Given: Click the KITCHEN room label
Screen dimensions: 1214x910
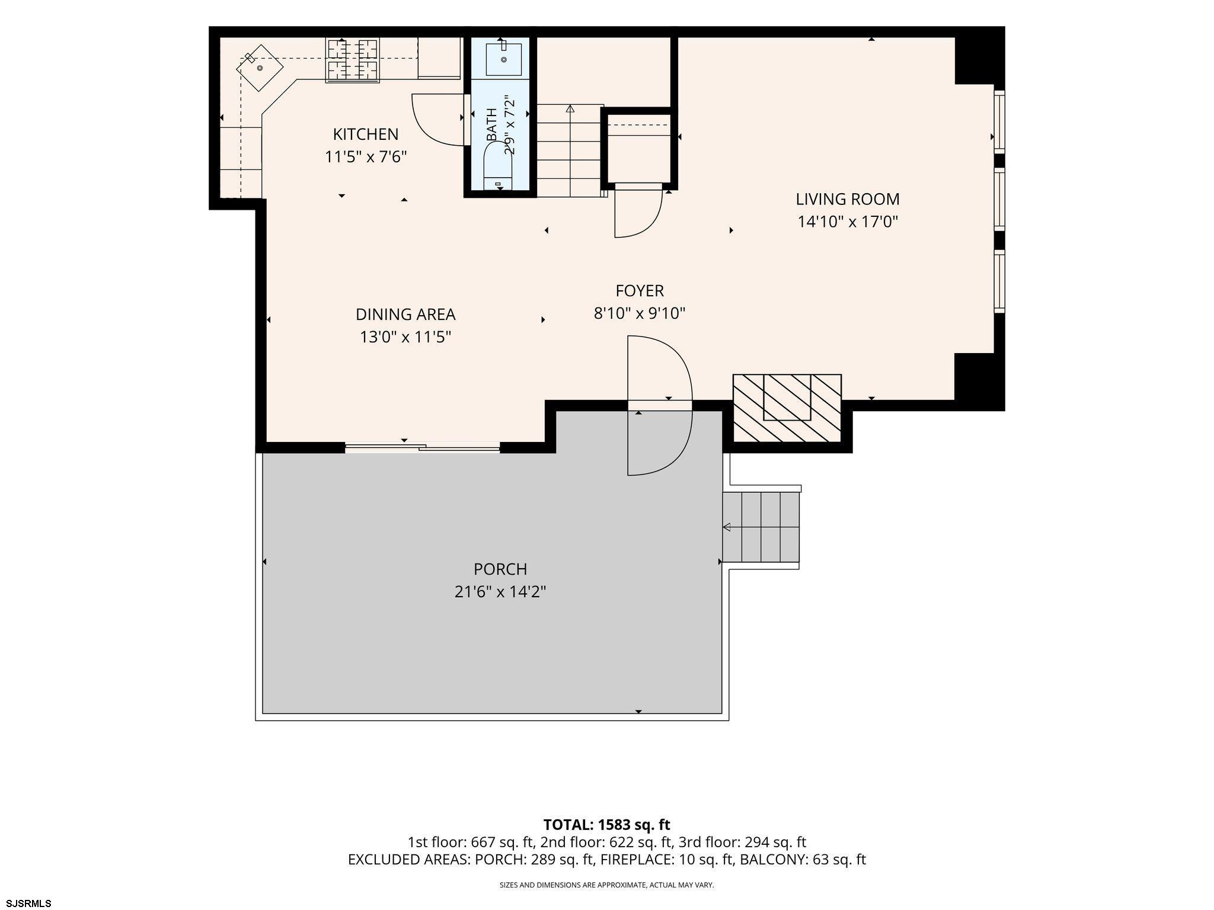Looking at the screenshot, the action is click(365, 134).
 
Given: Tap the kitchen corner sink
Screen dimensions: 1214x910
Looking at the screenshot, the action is click(260, 68).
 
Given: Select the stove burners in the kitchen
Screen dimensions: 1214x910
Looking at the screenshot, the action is click(353, 59).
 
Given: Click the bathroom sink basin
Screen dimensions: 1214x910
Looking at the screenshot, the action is click(503, 59).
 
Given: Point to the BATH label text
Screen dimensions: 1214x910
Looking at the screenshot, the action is click(492, 124).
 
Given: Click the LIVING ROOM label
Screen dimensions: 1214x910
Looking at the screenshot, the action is click(848, 199).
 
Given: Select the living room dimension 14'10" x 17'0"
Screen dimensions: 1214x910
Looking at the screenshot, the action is click(848, 222).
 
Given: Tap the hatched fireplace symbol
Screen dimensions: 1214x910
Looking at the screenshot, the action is click(787, 408).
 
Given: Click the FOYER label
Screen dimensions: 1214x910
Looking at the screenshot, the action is click(640, 291).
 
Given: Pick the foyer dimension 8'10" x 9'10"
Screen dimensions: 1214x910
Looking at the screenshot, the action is click(640, 313).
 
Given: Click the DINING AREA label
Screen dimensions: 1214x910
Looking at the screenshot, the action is click(405, 315).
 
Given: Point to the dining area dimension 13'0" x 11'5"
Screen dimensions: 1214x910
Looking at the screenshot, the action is click(405, 337).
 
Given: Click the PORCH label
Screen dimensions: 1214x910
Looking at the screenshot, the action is click(500, 569).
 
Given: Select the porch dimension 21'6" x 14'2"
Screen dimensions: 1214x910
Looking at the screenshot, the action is click(500, 592).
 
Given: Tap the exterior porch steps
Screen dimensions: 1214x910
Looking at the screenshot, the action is click(761, 527).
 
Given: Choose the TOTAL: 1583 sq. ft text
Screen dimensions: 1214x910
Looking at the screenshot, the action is click(607, 825).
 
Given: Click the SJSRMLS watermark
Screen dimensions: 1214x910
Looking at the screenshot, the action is click(26, 903).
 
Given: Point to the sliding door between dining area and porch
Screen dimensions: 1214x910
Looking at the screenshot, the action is click(422, 448).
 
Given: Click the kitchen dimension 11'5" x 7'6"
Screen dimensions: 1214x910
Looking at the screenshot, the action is click(365, 157).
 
